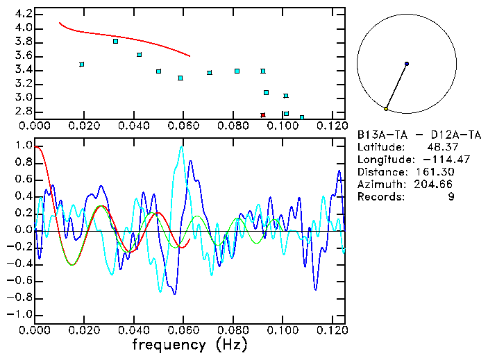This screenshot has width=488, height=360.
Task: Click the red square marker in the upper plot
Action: click(263, 115)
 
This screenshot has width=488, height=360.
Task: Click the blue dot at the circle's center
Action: click(407, 64)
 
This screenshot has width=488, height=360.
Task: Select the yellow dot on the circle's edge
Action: click(386, 109)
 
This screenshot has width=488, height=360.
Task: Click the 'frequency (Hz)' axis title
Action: click(190, 345)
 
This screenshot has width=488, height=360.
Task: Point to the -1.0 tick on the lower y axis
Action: click(20, 314)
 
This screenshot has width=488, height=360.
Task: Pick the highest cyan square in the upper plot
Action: click(115, 42)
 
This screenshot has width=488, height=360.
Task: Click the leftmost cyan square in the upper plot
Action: click(82, 65)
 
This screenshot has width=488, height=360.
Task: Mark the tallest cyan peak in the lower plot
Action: click(181, 147)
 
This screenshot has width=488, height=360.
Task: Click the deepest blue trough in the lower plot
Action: click(174, 293)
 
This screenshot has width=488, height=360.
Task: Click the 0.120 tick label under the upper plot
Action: click(332, 126)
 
